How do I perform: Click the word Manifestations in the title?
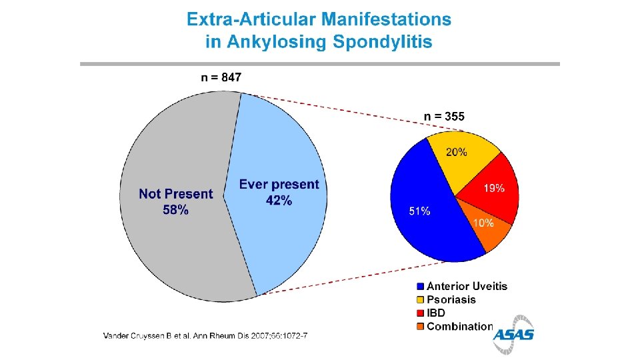386,19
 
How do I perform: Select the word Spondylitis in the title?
382,41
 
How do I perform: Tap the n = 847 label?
221,77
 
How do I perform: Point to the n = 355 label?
444,116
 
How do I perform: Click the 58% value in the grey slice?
175,210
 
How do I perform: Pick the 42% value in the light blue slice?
279,201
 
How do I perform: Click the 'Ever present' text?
279,185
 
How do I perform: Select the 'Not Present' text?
176,193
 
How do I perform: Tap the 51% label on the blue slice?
419,211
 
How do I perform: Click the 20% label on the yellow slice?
456,152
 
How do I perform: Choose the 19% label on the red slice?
494,188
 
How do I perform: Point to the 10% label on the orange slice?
483,223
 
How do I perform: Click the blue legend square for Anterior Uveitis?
421,287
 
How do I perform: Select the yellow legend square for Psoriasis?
421,300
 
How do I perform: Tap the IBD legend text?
436,313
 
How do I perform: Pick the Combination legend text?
460,327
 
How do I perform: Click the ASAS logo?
513,335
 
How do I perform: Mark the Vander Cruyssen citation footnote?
205,336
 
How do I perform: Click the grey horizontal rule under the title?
320,64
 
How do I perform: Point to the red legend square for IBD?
421,313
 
